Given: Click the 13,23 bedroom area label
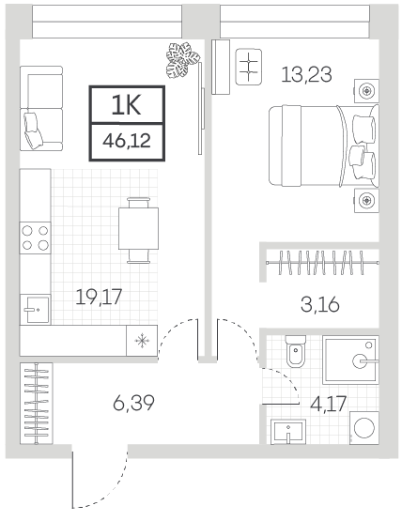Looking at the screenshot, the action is [x=306, y=74].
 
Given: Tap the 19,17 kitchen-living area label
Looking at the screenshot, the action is [x=99, y=297].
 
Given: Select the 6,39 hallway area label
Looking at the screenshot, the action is [x=133, y=403].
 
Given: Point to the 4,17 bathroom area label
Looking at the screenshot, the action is [x=328, y=404].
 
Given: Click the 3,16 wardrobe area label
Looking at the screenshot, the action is [x=320, y=305].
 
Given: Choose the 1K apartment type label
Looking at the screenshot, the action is [x=127, y=104].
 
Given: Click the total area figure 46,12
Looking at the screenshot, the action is [x=127, y=141].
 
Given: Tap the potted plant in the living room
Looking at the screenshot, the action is [x=182, y=60].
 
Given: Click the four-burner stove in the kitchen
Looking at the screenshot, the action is [x=36, y=238].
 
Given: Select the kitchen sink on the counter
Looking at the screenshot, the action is [x=36, y=310].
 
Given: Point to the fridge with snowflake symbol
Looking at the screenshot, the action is [x=142, y=341].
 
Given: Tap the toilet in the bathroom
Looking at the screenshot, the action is [x=296, y=351].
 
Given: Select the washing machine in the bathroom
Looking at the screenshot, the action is [x=364, y=428].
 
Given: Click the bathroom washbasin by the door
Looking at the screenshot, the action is [x=288, y=431].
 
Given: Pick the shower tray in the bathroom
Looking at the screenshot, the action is [x=350, y=360].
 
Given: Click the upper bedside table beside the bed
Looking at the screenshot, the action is [x=366, y=91].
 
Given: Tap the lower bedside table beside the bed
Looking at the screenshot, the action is [x=366, y=200].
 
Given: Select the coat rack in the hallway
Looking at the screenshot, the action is [x=37, y=404].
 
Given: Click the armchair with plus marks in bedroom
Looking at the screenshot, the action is [x=248, y=67].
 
